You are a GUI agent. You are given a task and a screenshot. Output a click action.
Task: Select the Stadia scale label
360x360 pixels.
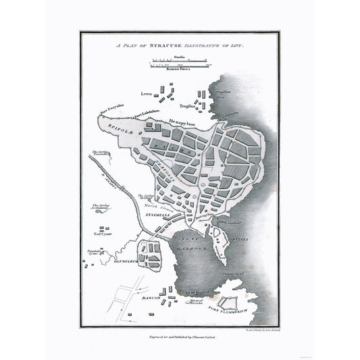pyautogui.click(x=179, y=58)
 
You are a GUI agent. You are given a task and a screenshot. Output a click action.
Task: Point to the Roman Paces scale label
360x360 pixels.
pyautogui.click(x=179, y=69)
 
